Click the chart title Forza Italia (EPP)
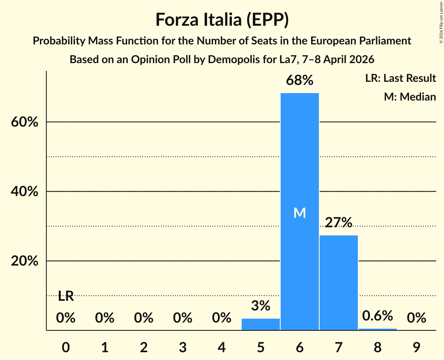[222, 19]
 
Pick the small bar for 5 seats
[260, 324]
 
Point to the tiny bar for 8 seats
[377, 329]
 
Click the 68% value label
[299, 81]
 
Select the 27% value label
[338, 222]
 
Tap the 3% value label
[260, 306]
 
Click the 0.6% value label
[377, 316]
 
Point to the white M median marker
[299, 213]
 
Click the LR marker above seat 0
[65, 296]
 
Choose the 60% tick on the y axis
[24, 122]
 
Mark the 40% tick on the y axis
[24, 192]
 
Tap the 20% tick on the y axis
[24, 261]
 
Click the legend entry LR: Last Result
[400, 78]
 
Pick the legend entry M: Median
[410, 97]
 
